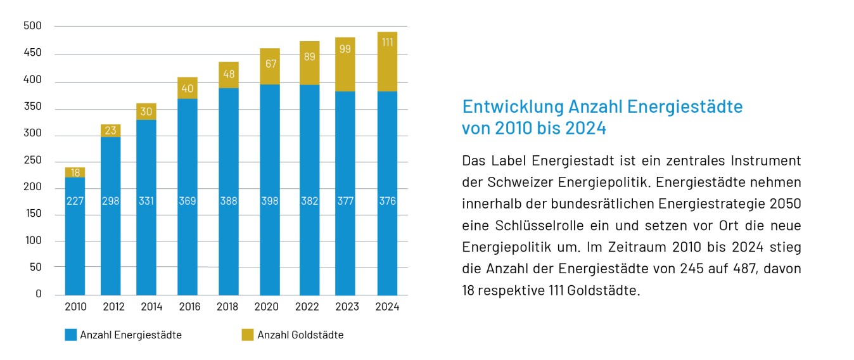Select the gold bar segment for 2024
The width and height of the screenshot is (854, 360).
(387, 61)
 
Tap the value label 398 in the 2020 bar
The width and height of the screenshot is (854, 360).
(270, 201)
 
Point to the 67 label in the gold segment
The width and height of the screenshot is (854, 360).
(270, 63)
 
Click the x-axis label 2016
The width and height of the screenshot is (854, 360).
(189, 307)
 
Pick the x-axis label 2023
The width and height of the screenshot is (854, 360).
(347, 307)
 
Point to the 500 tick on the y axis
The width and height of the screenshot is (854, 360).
(32, 26)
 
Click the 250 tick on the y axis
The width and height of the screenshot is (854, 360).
(32, 160)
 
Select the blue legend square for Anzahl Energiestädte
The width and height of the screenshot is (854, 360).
(71, 335)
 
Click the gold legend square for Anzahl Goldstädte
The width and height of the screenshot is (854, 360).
(248, 335)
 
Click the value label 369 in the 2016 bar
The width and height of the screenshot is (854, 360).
(187, 201)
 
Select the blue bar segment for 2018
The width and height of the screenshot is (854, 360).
(228, 241)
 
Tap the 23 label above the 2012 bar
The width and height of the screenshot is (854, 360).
(110, 131)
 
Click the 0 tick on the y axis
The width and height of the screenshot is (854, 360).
(37, 294)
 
